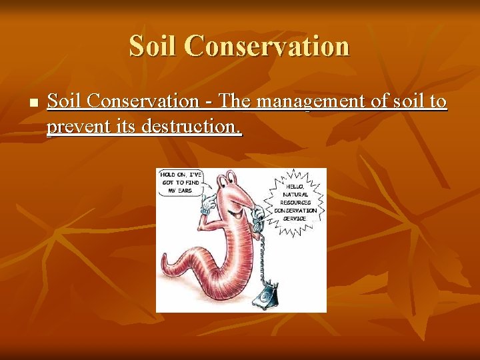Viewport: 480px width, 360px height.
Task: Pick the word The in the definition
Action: (234, 102)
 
